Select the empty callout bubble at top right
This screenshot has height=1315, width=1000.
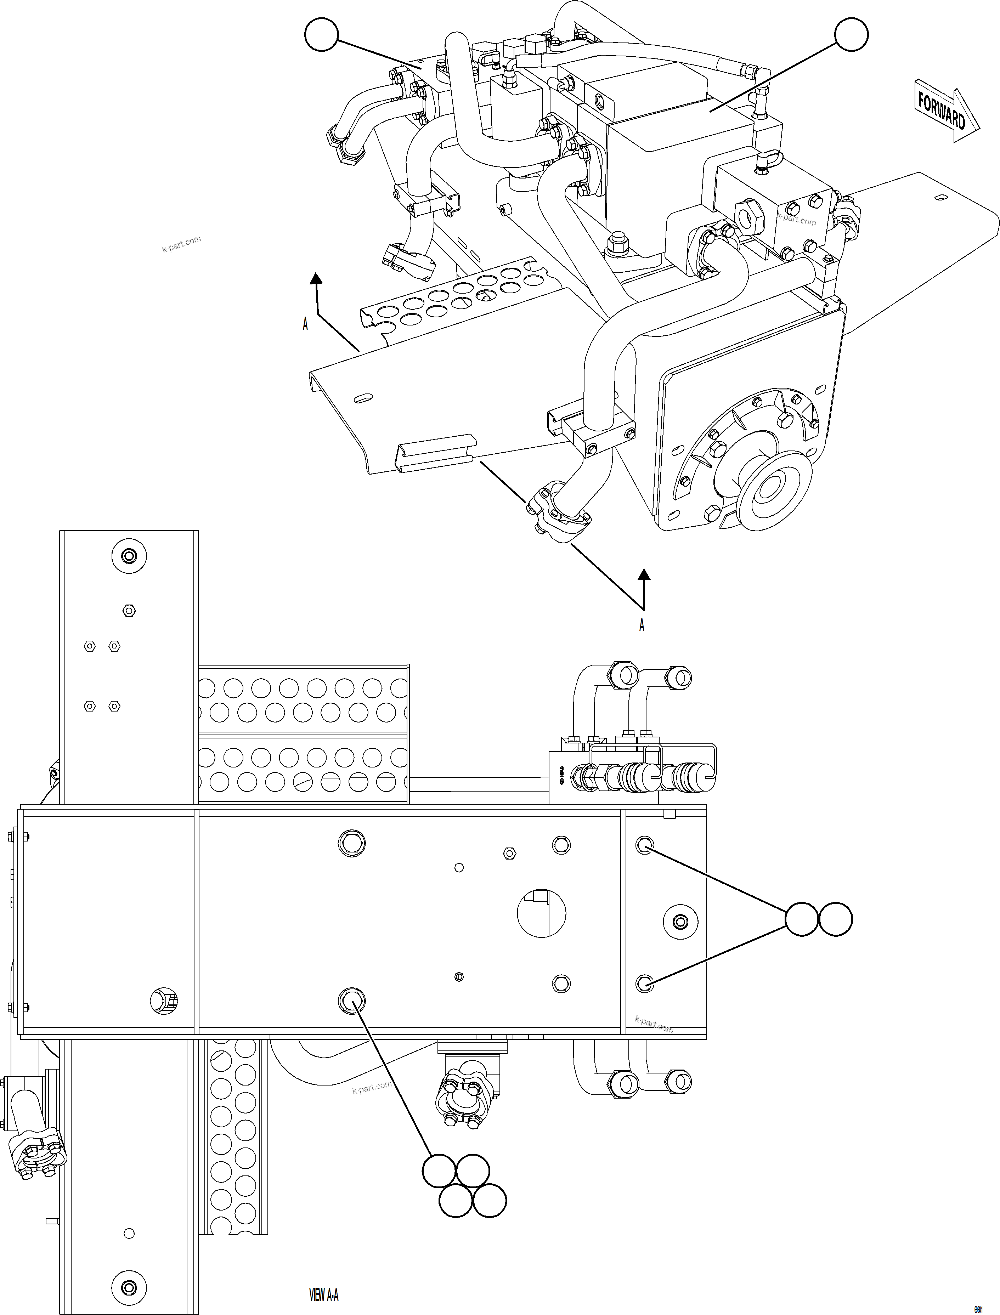[x=851, y=34]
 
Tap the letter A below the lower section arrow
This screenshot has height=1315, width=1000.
[x=642, y=625]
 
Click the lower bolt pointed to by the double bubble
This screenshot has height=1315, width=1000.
[x=645, y=984]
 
